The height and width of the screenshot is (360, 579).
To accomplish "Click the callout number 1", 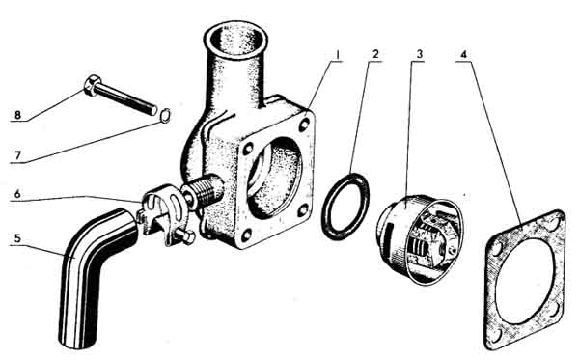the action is (337, 55).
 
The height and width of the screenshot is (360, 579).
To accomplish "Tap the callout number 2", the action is (375, 55).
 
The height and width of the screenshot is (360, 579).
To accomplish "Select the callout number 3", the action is (419, 55).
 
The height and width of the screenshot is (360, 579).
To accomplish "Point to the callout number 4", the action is (463, 55).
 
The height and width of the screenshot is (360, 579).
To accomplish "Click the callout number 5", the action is (17, 238).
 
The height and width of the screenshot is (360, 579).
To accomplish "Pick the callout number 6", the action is (17, 193).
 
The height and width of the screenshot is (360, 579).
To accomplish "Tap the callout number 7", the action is (17, 154).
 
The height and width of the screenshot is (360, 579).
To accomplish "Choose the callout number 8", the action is (17, 115).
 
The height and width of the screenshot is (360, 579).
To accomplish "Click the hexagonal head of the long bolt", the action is (92, 85).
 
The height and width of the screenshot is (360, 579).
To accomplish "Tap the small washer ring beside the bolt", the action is (165, 115).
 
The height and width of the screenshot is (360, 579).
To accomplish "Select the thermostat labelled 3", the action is (420, 239).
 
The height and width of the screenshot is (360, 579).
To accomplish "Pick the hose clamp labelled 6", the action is (166, 215).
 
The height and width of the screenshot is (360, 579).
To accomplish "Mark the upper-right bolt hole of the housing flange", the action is (304, 125).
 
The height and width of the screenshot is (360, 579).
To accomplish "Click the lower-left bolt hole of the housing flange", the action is (246, 235).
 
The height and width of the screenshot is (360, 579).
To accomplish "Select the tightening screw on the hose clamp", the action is (184, 236).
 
